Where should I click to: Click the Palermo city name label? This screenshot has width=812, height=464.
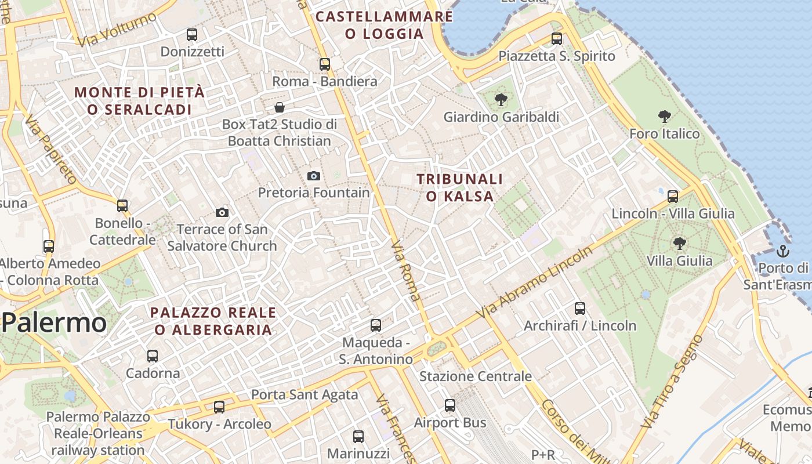click(54, 323)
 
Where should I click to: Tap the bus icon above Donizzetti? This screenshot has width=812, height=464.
click(192, 35)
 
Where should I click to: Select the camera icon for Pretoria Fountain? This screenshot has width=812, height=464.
click(314, 176)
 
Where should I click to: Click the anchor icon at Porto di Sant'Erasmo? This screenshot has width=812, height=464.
click(783, 251)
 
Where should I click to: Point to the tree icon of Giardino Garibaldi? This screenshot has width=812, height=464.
click(501, 100)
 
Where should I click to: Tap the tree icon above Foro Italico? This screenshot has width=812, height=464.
click(665, 117)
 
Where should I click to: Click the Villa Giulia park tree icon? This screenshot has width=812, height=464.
click(680, 244)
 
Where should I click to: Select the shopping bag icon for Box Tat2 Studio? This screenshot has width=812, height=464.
click(280, 107)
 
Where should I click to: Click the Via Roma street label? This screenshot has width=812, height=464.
click(407, 271)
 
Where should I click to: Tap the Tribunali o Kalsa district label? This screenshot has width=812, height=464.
click(459, 187)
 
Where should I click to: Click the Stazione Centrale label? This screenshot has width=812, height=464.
click(475, 376)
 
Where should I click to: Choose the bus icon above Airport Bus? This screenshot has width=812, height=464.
click(450, 405)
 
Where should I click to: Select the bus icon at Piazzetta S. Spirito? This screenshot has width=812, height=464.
click(557, 39)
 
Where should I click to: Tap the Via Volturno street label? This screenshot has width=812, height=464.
click(118, 29)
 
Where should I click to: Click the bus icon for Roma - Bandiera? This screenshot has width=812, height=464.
click(325, 64)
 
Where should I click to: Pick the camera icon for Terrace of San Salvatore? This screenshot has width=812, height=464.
click(222, 213)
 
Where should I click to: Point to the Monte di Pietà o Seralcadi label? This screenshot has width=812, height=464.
click(139, 100)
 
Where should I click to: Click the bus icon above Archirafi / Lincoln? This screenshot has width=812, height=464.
click(580, 309)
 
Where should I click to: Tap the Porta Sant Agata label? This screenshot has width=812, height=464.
click(304, 395)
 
